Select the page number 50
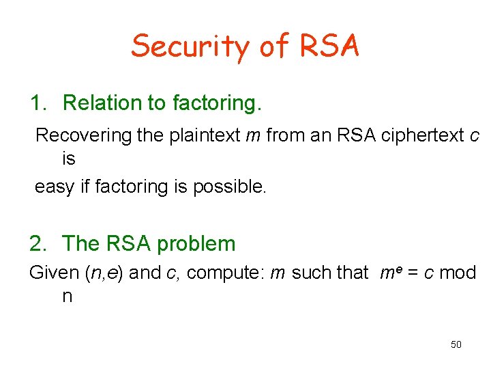(456, 344)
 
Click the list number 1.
(38, 103)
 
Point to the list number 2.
(38, 244)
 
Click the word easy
(54, 187)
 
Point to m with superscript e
(387, 273)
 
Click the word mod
(457, 273)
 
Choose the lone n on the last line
(67, 297)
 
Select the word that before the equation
(353, 273)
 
